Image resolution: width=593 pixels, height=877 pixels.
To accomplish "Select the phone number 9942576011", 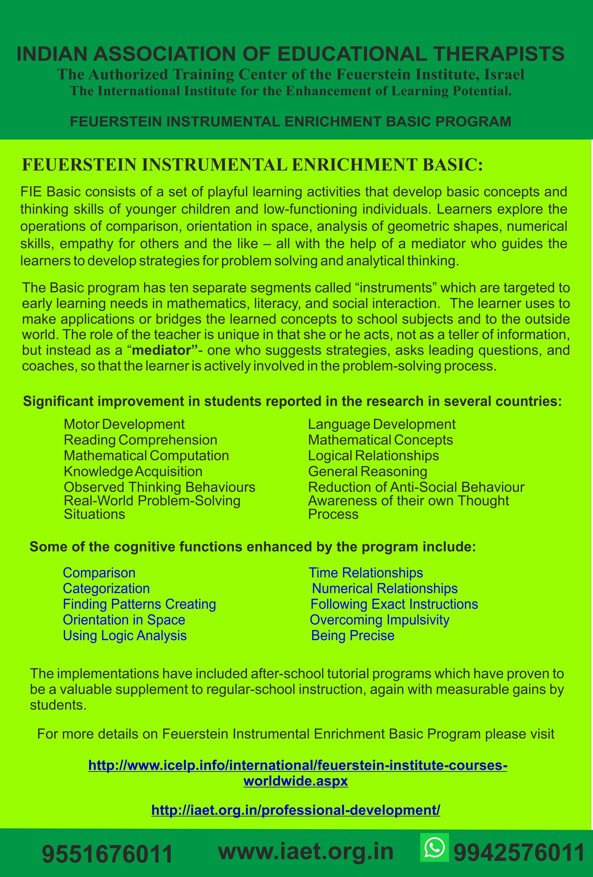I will coord(519,853).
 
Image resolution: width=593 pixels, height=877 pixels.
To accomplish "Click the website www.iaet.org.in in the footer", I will coord(306,852).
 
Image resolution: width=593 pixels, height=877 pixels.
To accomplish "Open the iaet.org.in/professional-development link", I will coord(296,810).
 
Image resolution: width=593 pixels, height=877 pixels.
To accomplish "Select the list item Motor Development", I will coord(124,424).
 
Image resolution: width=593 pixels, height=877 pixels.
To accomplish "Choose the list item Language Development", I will coord(381,424).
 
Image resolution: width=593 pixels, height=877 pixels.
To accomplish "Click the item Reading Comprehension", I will coord(140,440).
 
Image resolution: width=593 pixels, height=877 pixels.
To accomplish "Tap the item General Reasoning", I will coord(367,471).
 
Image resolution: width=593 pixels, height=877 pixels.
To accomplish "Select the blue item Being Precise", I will coord(353,636).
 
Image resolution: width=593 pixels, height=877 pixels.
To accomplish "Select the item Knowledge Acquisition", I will coord(133,471).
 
